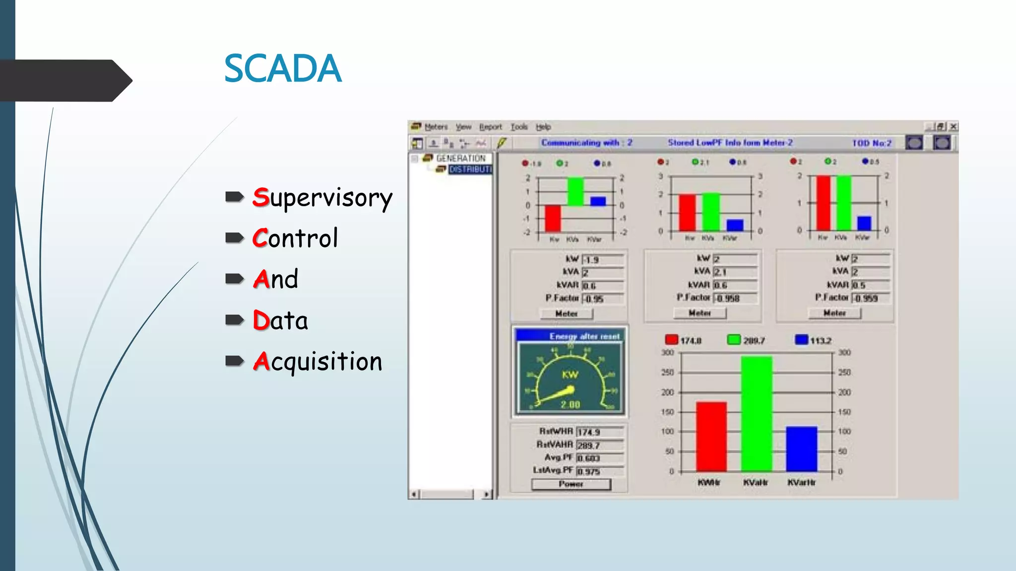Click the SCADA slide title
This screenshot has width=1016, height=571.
coord(283,68)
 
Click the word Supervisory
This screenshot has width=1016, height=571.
coord(322,198)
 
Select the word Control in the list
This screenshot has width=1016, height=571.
coord(295,238)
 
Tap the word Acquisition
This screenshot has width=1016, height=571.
coord(317,361)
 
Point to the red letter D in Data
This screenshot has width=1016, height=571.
coord(261,320)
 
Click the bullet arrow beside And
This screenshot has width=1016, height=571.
coord(234,279)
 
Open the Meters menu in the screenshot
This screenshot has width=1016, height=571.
coord(436,127)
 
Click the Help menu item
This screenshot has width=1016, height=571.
coord(543,127)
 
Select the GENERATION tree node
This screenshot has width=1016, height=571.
coord(460,158)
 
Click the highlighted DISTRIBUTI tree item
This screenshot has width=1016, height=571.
coord(470,170)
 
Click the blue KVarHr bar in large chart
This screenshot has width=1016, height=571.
coord(801,449)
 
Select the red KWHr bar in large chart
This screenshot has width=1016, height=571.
coord(711,436)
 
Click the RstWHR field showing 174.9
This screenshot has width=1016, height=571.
coord(599,432)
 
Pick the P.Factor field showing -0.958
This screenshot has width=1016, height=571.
coord(735,298)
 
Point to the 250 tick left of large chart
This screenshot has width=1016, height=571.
coord(667,372)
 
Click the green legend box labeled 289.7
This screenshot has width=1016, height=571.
coord(733,340)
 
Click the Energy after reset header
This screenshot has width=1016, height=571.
coord(584,336)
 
